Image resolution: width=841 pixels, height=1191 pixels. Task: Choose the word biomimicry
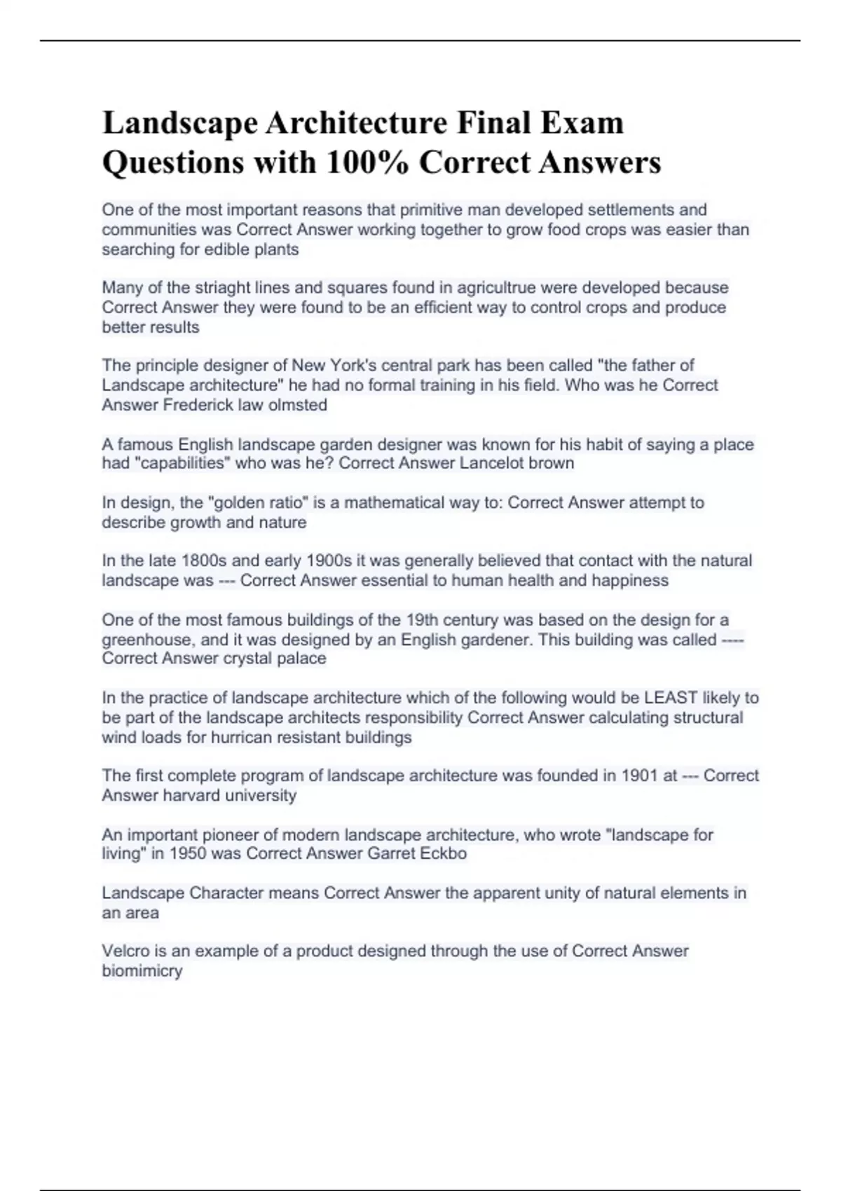(x=142, y=971)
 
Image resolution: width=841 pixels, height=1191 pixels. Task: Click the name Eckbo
(x=443, y=853)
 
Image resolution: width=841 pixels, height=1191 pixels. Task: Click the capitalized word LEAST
(x=671, y=698)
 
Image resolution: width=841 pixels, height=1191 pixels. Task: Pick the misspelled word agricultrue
(x=496, y=287)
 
